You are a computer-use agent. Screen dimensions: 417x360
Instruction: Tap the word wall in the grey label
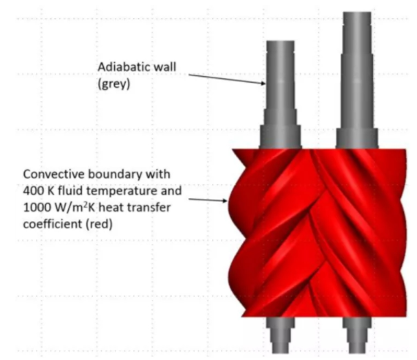162,67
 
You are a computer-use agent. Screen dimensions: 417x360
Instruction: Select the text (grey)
114,84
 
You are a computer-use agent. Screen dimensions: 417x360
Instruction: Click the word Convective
53,174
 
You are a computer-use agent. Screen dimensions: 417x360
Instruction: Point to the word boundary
115,175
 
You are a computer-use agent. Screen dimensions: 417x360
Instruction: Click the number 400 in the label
34,191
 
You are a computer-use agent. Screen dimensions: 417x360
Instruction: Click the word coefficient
53,224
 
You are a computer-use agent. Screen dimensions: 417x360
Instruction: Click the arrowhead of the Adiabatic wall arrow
263,83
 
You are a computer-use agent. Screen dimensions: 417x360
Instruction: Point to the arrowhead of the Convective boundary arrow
225,200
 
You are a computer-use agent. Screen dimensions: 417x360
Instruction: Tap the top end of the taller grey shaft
357,12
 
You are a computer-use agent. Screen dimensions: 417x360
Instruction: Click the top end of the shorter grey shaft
280,42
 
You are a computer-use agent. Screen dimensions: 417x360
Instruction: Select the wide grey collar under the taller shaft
357,138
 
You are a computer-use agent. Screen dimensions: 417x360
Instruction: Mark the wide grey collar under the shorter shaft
280,137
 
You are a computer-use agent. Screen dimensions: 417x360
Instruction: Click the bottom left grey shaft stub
280,335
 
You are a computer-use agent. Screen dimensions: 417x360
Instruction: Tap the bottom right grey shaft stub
357,335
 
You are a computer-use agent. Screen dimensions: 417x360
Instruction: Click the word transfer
151,208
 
